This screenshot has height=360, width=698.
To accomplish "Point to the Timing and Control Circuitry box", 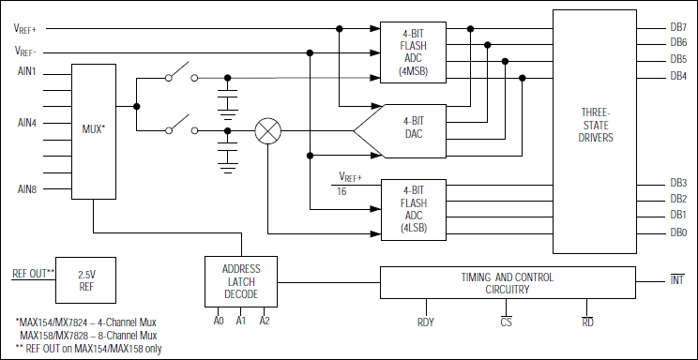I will (507, 283).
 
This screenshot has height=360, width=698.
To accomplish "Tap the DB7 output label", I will (678, 27).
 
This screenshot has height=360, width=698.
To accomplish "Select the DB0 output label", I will (678, 232).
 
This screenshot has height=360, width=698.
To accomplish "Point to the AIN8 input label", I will (25, 188).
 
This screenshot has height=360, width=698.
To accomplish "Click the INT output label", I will (677, 280).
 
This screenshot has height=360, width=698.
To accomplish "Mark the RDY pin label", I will (425, 322).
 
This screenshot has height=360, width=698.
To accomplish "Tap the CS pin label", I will (505, 322).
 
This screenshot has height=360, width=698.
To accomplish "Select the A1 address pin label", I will (241, 320).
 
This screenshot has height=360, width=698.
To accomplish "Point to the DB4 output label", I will (678, 76).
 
